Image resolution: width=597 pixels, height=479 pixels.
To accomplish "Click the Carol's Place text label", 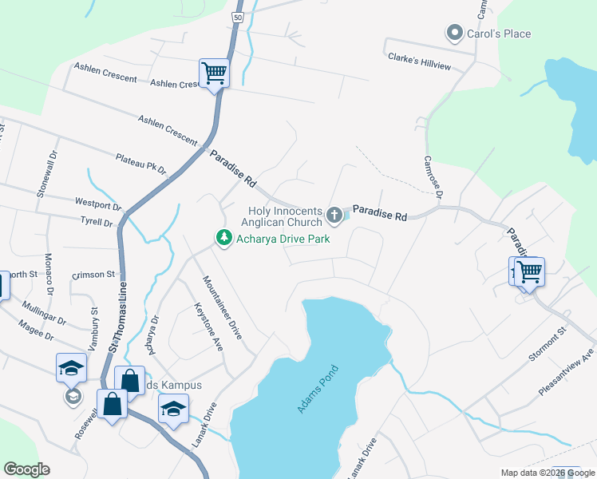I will tap(500, 34).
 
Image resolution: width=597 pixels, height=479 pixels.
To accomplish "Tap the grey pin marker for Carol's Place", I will tap(455, 34).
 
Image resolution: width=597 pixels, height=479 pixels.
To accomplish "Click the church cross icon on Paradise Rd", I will tap(334, 215).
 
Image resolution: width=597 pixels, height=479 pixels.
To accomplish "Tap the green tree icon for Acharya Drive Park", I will tap(225, 237).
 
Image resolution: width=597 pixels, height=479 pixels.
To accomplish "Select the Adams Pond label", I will tap(318, 389).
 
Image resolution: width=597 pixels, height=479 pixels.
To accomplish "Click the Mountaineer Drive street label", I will tap(221, 307).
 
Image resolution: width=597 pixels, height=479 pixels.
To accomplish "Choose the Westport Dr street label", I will tap(97, 204).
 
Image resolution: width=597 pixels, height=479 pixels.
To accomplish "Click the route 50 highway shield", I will tap(239, 17).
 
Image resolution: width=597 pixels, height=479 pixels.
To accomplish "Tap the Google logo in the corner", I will tap(26, 469).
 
